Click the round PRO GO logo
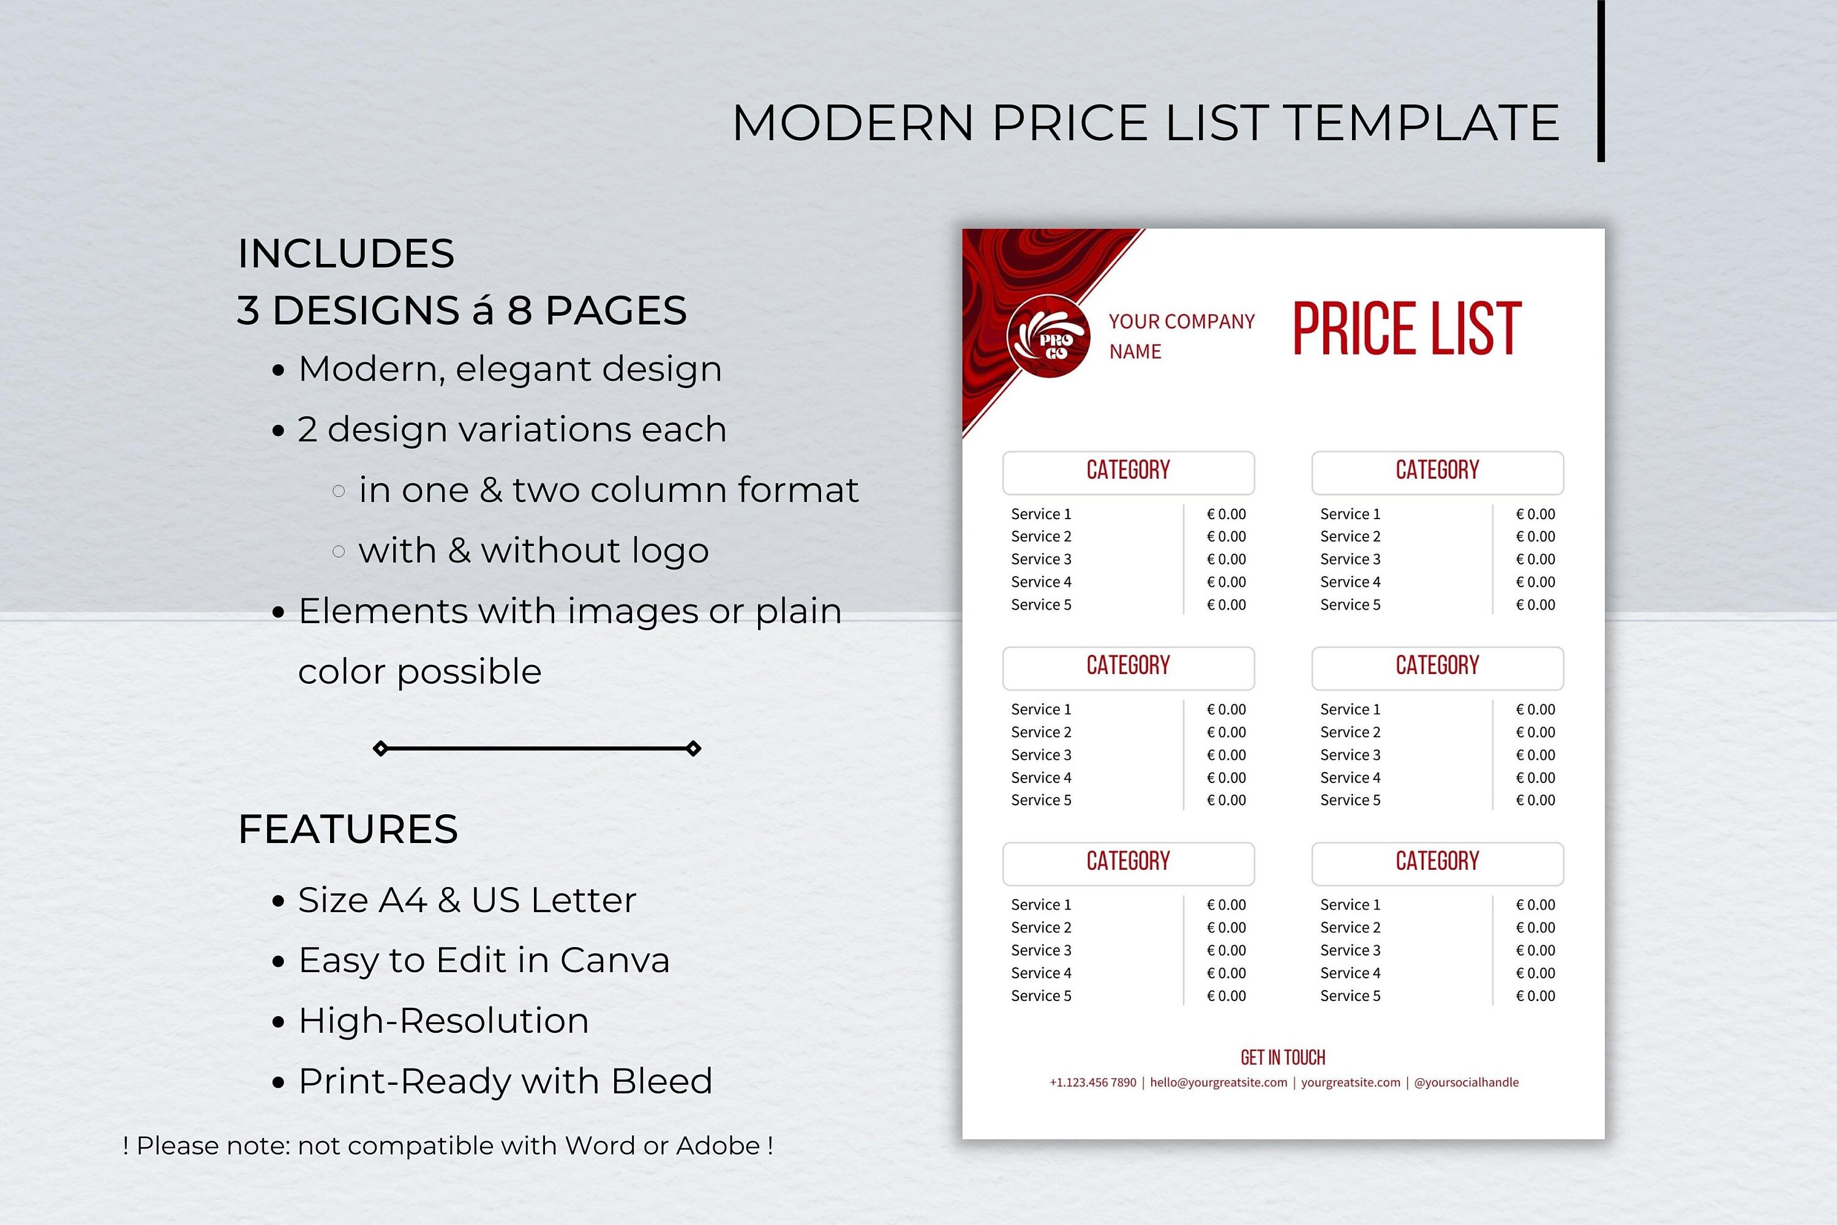tap(1048, 337)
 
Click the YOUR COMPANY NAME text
tap(1181, 336)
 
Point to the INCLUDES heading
tap(345, 254)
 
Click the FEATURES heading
tap(348, 829)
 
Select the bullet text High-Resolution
tap(443, 1021)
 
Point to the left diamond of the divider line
tap(380, 749)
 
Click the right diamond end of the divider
tap(693, 749)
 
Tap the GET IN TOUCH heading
tap(1283, 1058)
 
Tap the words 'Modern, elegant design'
tap(509, 369)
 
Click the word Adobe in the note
tap(717, 1146)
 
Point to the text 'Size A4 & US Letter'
tap(467, 900)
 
